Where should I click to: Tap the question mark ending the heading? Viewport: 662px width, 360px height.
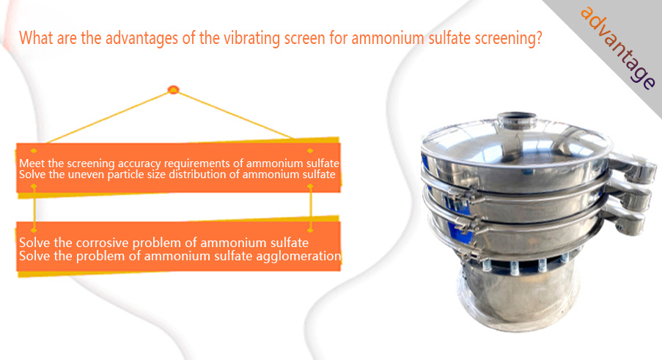[538, 38]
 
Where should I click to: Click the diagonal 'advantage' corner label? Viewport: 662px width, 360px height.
[618, 48]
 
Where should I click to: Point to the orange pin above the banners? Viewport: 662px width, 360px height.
[174, 89]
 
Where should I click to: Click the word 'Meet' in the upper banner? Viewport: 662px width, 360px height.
[32, 164]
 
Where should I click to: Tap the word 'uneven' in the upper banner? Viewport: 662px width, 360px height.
[86, 175]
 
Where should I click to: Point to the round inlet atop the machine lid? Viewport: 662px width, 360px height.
[516, 120]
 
